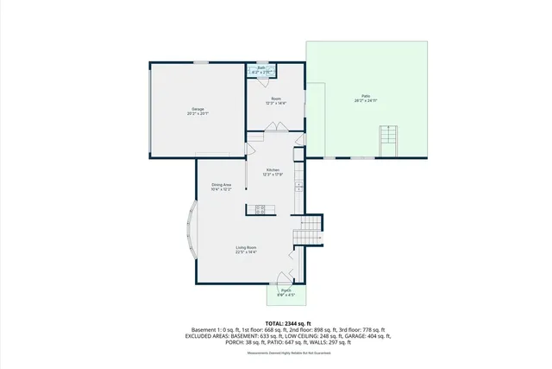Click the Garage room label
pyautogui.click(x=198, y=109)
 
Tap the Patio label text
pyautogui.click(x=366, y=96)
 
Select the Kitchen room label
pyautogui.click(x=273, y=169)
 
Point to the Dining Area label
pyautogui.click(x=222, y=184)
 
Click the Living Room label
pyautogui.click(x=247, y=248)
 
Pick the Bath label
pyautogui.click(x=260, y=68)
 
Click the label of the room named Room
pyautogui.click(x=276, y=99)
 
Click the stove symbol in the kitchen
pyautogui.click(x=260, y=208)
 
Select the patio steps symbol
pyautogui.click(x=388, y=140)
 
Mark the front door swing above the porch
pyautogui.click(x=282, y=278)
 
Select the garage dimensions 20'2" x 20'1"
pyautogui.click(x=198, y=114)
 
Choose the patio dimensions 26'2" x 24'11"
pyautogui.click(x=366, y=101)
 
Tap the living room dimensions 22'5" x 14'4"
pyautogui.click(x=247, y=253)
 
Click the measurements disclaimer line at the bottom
pyautogui.click(x=276, y=353)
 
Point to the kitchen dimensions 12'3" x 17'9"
pyautogui.click(x=273, y=175)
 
